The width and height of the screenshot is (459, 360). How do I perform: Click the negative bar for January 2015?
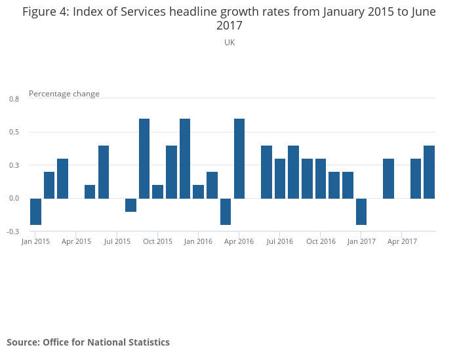pyautogui.click(x=35, y=211)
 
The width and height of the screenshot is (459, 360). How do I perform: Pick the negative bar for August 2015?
pyautogui.click(x=130, y=205)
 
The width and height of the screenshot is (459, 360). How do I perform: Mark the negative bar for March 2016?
pyautogui.click(x=226, y=211)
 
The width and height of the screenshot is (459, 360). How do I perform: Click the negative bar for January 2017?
pyautogui.click(x=361, y=211)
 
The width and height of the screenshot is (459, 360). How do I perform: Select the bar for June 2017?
pyautogui.click(x=429, y=172)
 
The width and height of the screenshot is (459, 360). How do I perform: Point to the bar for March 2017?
pyautogui.click(x=388, y=178)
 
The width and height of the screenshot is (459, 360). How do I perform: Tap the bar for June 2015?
pyautogui.click(x=104, y=172)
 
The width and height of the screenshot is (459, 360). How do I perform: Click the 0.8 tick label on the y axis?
pyautogui.click(x=14, y=99)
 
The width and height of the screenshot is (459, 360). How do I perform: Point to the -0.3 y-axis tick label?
pyautogui.click(x=13, y=231)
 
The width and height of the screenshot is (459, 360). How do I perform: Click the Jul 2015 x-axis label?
pyautogui.click(x=117, y=241)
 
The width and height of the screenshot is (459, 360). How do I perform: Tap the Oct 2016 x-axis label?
pyautogui.click(x=321, y=241)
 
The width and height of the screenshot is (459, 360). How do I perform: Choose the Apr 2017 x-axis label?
pyautogui.click(x=402, y=241)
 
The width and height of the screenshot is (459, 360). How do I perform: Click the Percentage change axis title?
pyautogui.click(x=64, y=94)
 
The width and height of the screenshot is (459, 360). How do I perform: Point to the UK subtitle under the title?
pyautogui.click(x=229, y=43)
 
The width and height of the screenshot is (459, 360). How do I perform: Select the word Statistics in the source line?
pyautogui.click(x=147, y=342)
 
